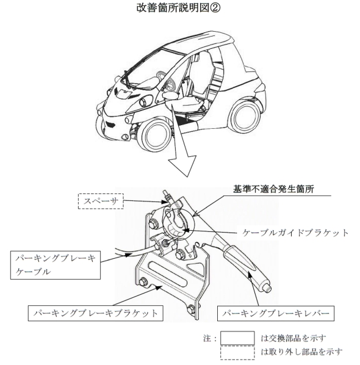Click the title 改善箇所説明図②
[x=178, y=8]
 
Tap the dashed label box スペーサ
[x=101, y=201]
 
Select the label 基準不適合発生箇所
[x=274, y=189]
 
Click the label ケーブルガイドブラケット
[x=295, y=233]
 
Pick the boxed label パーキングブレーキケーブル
[x=56, y=265]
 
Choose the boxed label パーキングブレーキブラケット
[x=96, y=313]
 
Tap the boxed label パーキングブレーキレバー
[x=276, y=313]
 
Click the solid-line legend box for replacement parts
[x=237, y=338]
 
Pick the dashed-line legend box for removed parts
[x=237, y=353]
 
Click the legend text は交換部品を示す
[x=293, y=338]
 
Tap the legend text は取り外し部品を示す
[x=301, y=352]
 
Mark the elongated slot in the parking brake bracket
[x=167, y=274]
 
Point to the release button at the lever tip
[x=268, y=289]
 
